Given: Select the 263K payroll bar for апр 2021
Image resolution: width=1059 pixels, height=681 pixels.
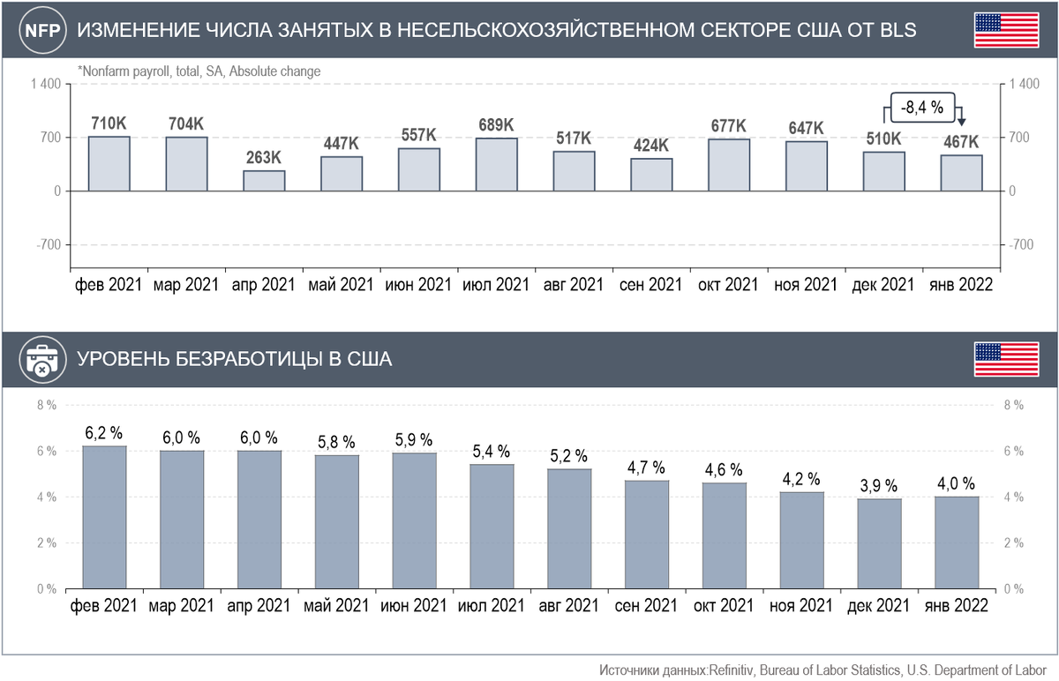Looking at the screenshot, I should (x=264, y=181).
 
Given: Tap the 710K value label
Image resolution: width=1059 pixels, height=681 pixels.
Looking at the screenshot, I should (x=109, y=123).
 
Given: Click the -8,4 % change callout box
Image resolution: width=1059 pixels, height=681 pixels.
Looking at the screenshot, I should (x=922, y=109).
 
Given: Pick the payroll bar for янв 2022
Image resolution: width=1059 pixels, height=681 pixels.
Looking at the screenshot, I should (x=961, y=173).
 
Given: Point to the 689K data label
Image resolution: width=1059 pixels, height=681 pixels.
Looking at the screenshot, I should (x=496, y=125).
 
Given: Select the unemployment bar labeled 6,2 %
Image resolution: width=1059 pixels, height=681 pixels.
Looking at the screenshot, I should (x=104, y=517).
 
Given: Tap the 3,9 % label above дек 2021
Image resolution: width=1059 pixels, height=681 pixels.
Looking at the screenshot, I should (x=878, y=486).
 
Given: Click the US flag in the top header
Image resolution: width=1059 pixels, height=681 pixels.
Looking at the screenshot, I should (x=1005, y=31).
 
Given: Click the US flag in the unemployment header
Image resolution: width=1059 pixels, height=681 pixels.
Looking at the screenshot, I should (x=1005, y=360).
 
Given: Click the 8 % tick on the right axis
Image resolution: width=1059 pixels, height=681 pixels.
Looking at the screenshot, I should (x=1012, y=406).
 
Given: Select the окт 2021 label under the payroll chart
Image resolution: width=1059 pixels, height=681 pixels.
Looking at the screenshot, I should (x=728, y=286).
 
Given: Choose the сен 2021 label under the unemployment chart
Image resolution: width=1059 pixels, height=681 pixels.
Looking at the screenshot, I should (x=648, y=607).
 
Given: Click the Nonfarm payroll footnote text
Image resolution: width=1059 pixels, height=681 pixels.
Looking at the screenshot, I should (x=199, y=71).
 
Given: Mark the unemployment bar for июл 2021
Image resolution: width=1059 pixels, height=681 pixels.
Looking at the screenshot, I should (x=492, y=526).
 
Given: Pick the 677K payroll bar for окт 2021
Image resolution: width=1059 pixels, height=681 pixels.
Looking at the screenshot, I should (x=729, y=165).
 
